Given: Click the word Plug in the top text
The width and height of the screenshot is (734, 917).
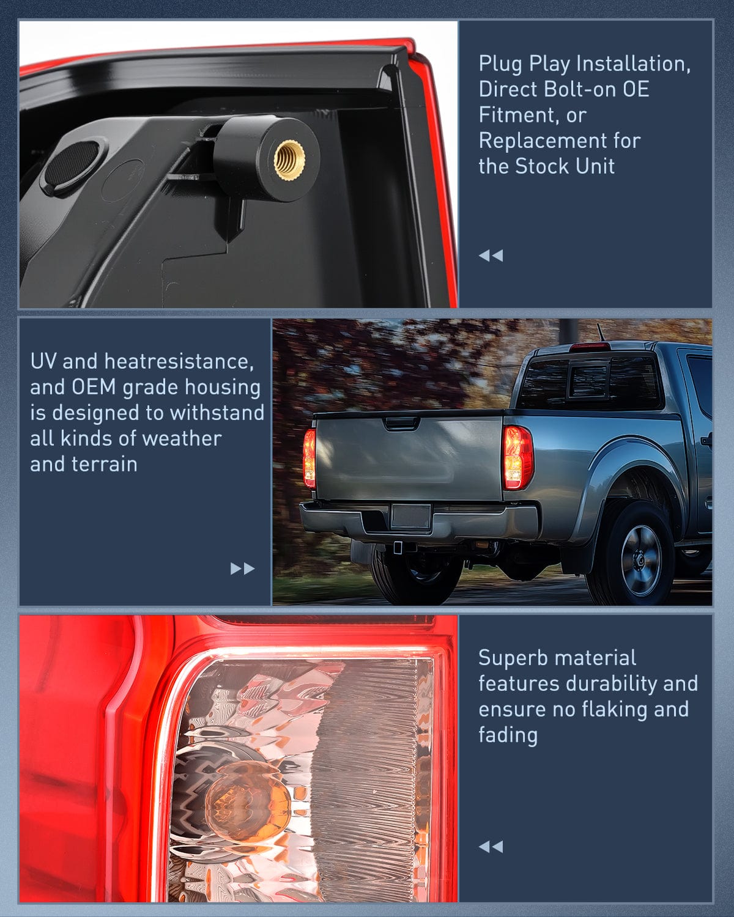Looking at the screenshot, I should click(x=501, y=64).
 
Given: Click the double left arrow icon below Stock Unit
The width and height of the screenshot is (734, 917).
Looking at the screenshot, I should click(x=491, y=256).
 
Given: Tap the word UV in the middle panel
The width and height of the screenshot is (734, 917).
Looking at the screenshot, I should click(x=43, y=361).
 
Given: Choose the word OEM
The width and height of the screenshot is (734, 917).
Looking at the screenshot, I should click(x=93, y=387).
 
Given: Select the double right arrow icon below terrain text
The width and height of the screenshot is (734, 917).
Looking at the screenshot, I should click(x=242, y=569).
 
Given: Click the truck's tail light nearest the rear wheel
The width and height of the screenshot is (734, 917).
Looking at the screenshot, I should click(x=517, y=457).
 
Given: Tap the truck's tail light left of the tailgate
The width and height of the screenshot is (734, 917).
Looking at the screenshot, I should click(x=310, y=458).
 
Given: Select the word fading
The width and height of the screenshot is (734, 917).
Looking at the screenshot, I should click(x=508, y=735).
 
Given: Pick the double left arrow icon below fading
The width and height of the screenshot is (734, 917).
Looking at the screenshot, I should click(x=491, y=847).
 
